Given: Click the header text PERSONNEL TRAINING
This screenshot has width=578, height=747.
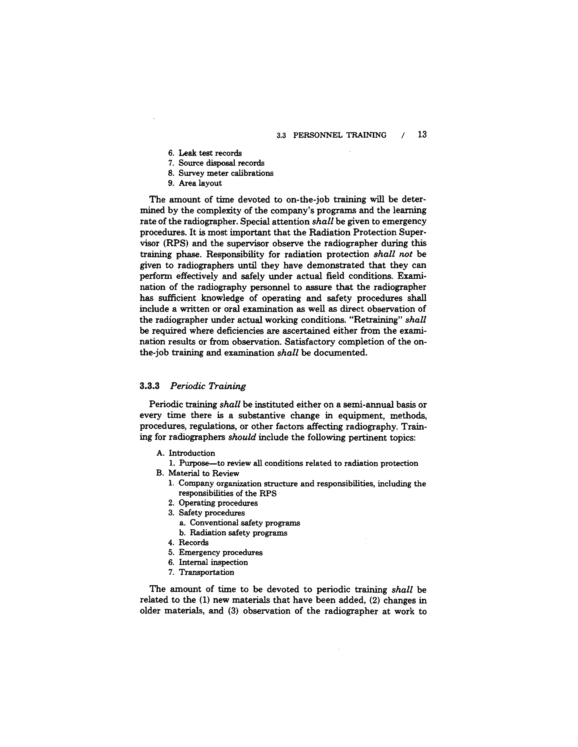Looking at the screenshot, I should pos(340,135).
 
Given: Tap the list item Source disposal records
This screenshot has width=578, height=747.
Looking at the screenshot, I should pos(221,163).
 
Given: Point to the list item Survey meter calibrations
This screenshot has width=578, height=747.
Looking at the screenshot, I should pos(226,173).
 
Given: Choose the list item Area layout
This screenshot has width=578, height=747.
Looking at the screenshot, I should pos(200,183).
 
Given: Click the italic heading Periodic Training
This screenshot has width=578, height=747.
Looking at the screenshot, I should pos(208,386).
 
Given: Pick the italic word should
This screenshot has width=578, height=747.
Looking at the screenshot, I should pos(242,438).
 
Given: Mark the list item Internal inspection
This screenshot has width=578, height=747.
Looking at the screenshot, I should pos(213,563).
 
